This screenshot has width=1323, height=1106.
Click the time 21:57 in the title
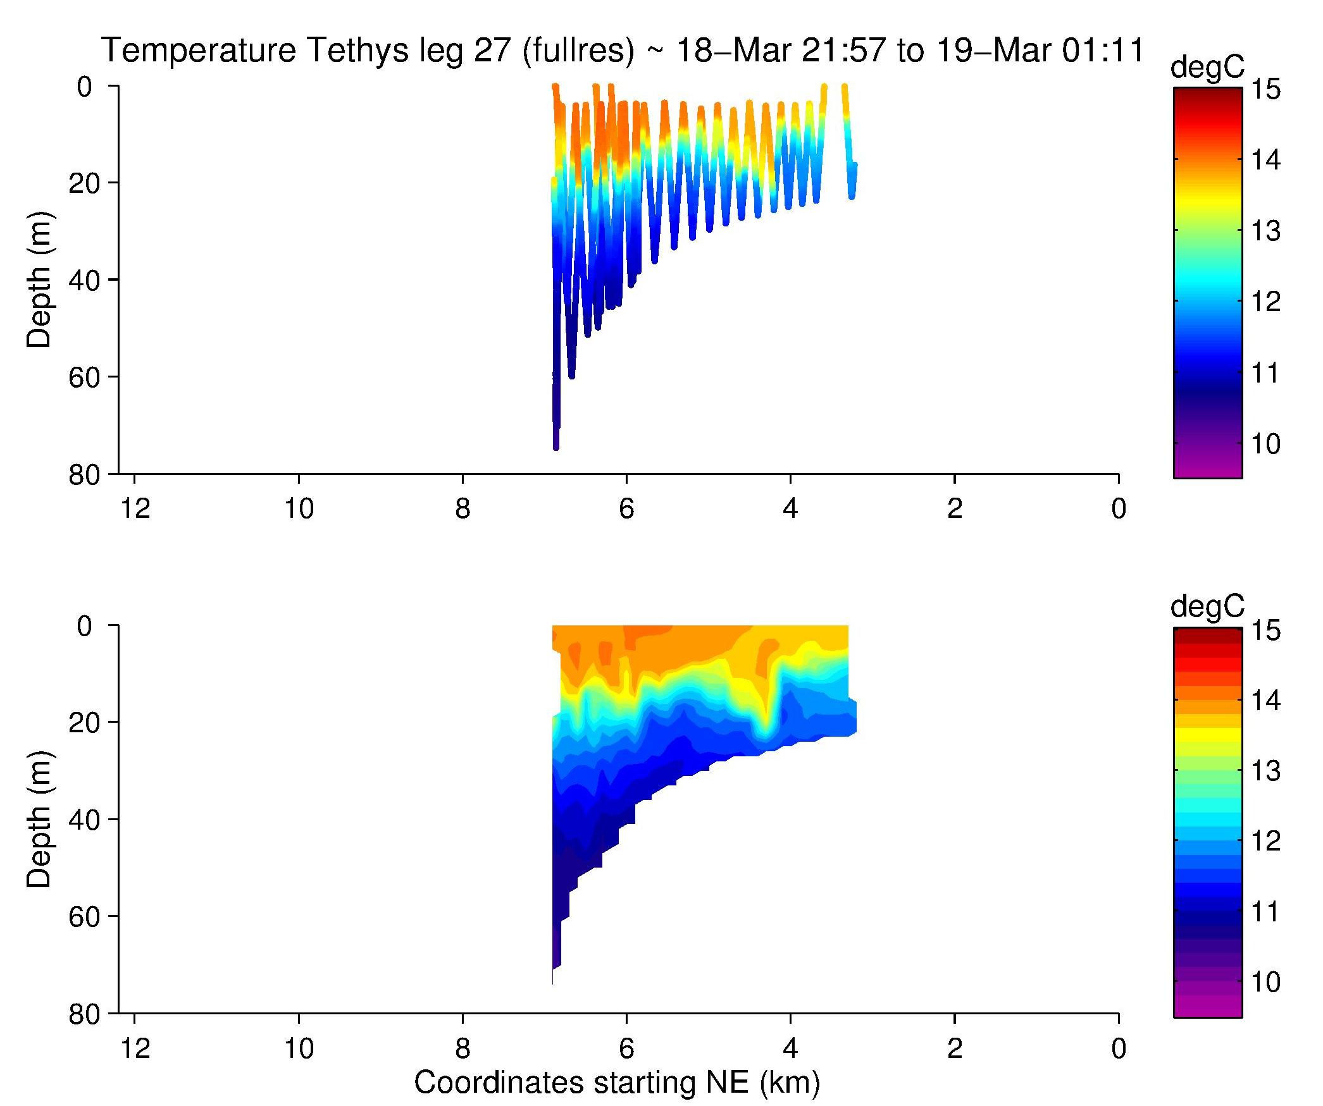pyautogui.click(x=842, y=50)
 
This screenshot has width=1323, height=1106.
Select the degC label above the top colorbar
pyautogui.click(x=1207, y=67)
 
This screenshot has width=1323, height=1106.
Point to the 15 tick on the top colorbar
pyautogui.click(x=1265, y=89)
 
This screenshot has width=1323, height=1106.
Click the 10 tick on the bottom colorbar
pyautogui.click(x=1265, y=982)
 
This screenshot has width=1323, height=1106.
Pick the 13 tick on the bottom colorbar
pyautogui.click(x=1265, y=771)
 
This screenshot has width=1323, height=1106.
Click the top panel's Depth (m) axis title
pyautogui.click(x=39, y=280)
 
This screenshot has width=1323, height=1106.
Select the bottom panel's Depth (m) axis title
pyautogui.click(x=39, y=820)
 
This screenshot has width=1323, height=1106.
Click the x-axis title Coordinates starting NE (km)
pyautogui.click(x=617, y=1082)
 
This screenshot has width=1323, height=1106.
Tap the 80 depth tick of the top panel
pyautogui.click(x=84, y=476)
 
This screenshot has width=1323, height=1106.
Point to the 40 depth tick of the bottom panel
pyautogui.click(x=84, y=820)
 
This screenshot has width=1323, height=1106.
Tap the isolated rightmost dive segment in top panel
pyautogui.click(x=849, y=145)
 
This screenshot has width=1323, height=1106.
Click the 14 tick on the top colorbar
pyautogui.click(x=1265, y=160)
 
